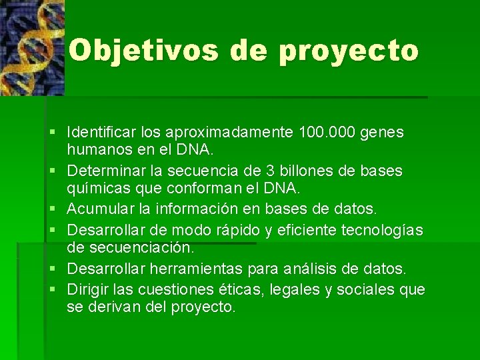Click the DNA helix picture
coord(31,47)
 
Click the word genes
coord(381,133)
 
